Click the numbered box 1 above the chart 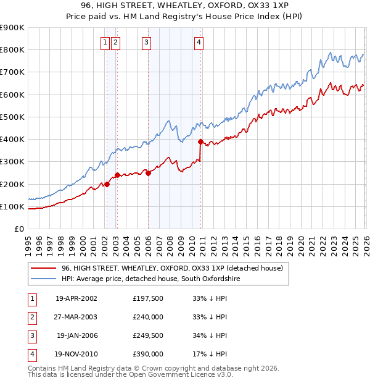click(x=105, y=43)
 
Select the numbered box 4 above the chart click(x=199, y=43)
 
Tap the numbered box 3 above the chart click(x=146, y=43)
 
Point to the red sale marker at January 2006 click(x=149, y=173)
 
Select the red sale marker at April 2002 click(x=107, y=184)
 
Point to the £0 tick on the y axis click(x=19, y=229)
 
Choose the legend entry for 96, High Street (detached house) click(x=171, y=268)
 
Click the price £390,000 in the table click(x=148, y=354)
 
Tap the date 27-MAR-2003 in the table click(x=76, y=317)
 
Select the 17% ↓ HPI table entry click(x=210, y=354)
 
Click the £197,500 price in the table click(x=148, y=298)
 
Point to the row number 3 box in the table click(x=31, y=335)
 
